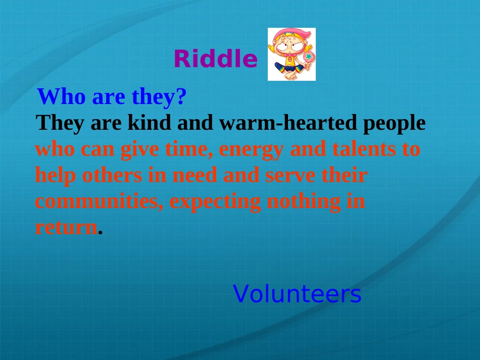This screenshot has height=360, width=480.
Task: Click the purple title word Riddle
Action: (216, 59)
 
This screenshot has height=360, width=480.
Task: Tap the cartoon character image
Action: (292, 54)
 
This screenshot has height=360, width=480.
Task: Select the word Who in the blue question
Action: (61, 96)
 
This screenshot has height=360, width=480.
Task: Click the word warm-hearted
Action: (288, 122)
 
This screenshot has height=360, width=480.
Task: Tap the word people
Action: (394, 124)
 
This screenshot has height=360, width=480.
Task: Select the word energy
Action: (251, 150)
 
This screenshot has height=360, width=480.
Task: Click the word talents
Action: (364, 148)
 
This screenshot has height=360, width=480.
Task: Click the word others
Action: (112, 175)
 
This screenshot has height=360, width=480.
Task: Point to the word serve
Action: (290, 176)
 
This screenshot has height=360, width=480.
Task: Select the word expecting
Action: (215, 202)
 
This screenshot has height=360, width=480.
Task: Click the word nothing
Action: (304, 202)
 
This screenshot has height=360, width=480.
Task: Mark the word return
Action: (66, 228)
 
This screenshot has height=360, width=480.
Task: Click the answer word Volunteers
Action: (297, 294)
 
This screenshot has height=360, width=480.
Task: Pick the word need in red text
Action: (195, 175)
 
